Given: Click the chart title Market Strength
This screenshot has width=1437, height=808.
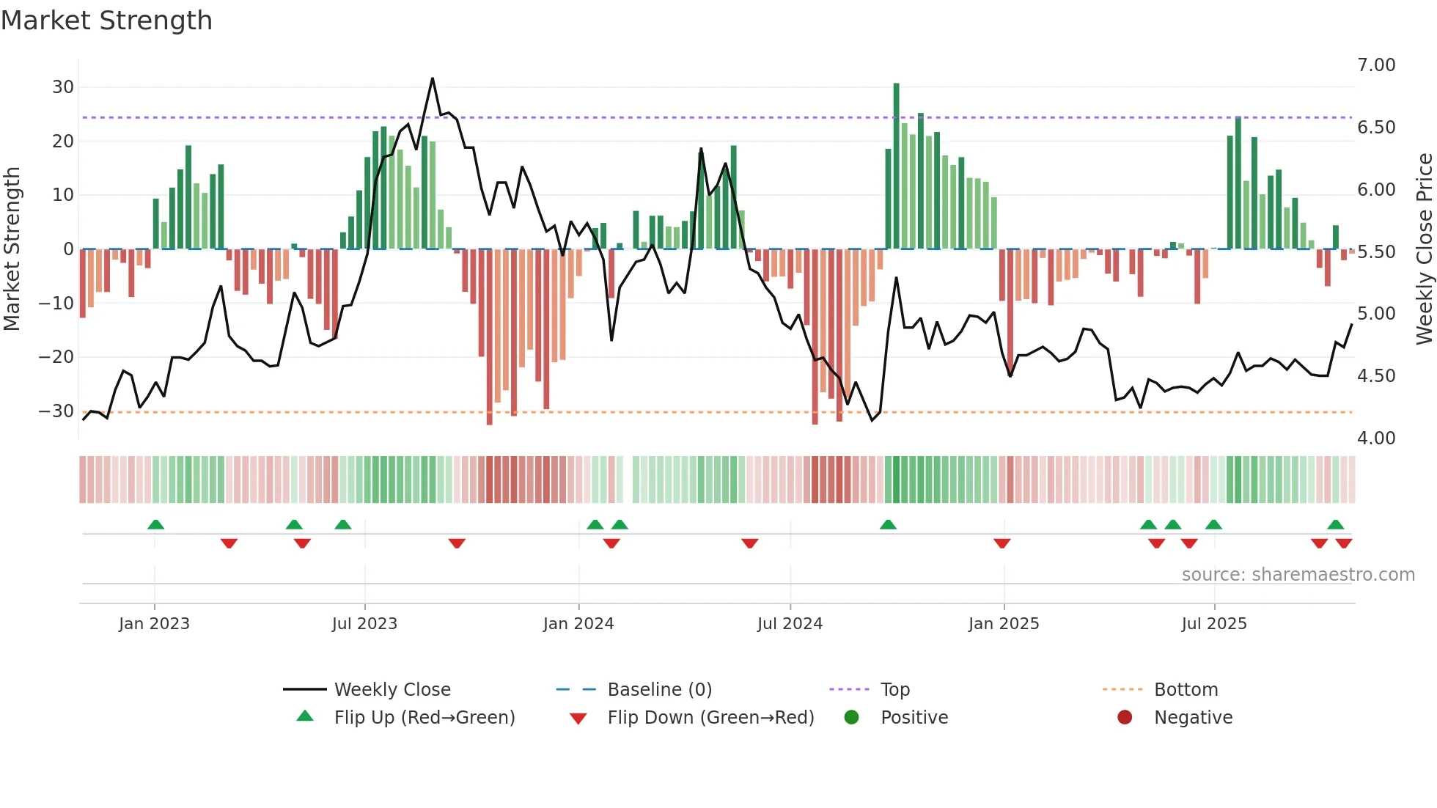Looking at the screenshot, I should tap(106, 21).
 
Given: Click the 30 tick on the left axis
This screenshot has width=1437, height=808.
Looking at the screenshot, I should tap(62, 87).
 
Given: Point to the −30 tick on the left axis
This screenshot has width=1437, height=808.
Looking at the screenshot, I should tap(56, 411).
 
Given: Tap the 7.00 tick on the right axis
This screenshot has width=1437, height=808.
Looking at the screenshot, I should tap(1376, 65).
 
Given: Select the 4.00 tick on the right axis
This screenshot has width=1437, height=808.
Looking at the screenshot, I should tap(1376, 438).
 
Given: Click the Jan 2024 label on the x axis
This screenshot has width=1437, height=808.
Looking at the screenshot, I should tap(578, 624).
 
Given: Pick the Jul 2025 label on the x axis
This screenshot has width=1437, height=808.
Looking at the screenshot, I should tap(1213, 624).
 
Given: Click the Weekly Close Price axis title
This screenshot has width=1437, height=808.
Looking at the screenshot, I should tap(1423, 249).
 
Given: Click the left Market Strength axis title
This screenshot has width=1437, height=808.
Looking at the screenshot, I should tap(12, 249).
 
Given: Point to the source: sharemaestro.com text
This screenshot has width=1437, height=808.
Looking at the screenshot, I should tap(1298, 575).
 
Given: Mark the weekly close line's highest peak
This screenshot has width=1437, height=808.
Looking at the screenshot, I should tap(433, 79).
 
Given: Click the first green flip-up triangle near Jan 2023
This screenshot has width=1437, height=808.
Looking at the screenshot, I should tap(155, 524).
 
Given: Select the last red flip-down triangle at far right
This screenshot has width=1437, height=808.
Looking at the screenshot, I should tap(1343, 543).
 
